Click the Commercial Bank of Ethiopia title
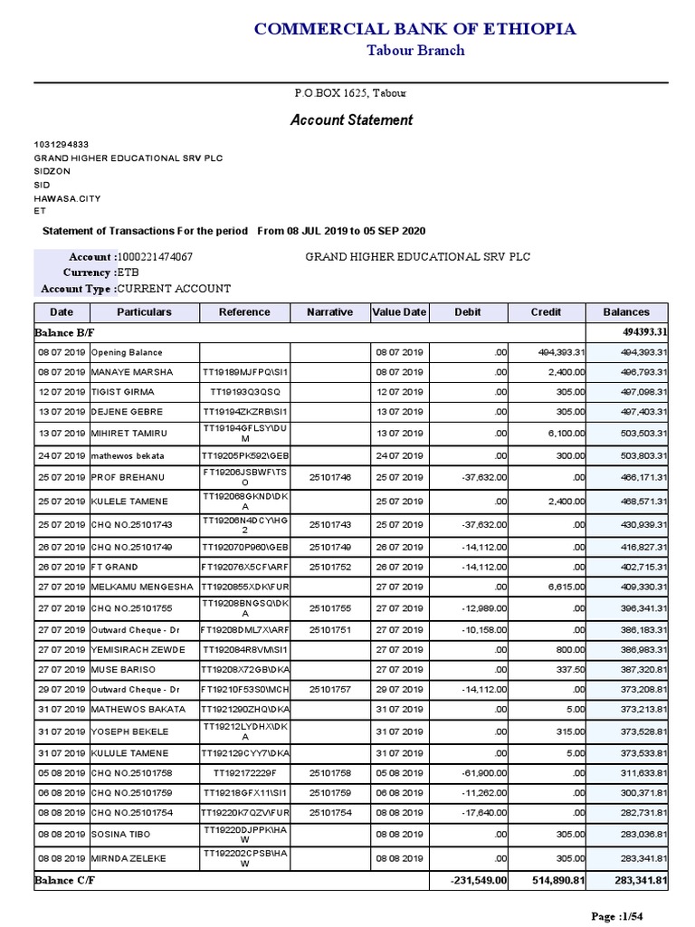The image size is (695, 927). pos(414,29)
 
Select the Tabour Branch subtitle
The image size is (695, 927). pos(414,51)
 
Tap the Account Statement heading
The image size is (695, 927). pos(351,119)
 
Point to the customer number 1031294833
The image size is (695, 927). pos(61,145)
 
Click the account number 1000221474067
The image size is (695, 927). pos(155,257)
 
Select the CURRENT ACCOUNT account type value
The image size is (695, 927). pos(174,289)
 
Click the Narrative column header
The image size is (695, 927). pos(329,312)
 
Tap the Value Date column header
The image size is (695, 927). pos(398,312)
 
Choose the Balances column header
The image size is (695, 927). pos(626,312)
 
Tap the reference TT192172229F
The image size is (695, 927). pos(244,774)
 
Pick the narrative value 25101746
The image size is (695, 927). pos(329,477)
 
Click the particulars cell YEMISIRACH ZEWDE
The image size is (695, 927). pos(137,650)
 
